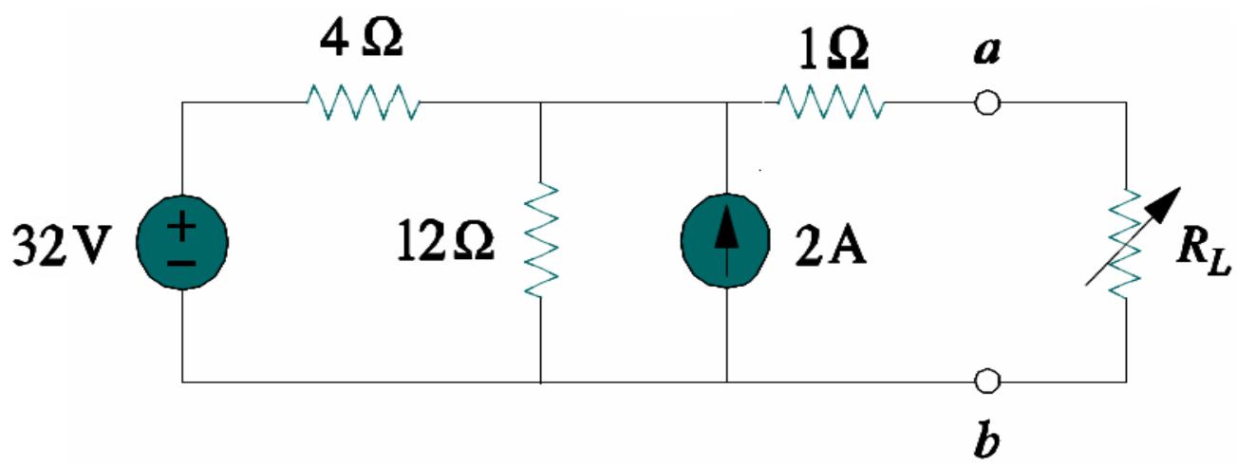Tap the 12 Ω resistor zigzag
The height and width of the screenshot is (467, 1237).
pos(539,238)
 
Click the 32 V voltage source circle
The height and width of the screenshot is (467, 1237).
pos(182,243)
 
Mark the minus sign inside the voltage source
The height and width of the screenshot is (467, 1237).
pos(182,260)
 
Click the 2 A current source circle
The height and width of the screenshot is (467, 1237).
pos(726,243)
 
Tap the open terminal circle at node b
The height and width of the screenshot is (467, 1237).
pos(987,382)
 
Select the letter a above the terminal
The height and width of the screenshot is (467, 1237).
pos(986,52)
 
